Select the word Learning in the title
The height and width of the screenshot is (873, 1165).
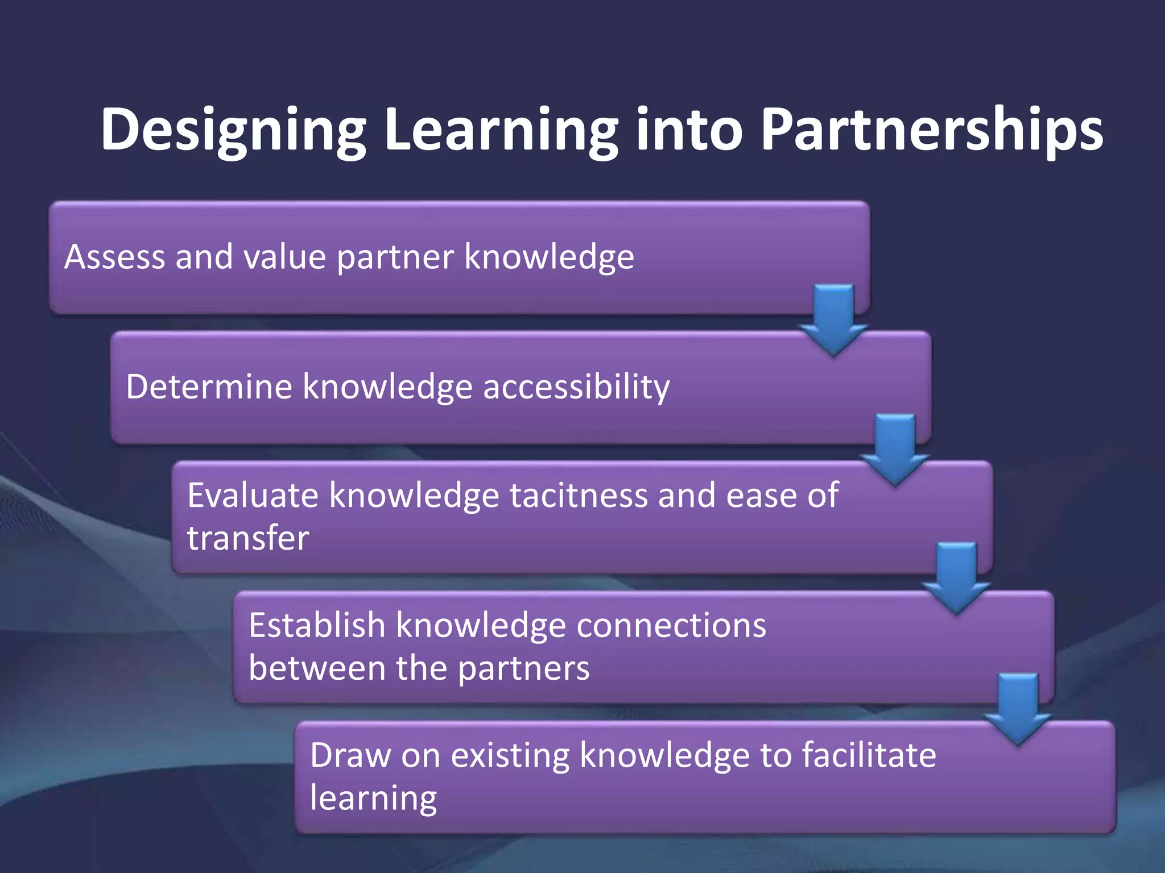click(501, 131)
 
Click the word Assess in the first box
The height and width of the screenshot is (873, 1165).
click(114, 257)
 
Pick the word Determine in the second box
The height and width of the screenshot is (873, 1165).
click(208, 387)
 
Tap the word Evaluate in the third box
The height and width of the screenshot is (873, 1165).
click(253, 496)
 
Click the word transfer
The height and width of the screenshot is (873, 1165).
click(248, 538)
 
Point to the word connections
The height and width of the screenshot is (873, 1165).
click(671, 626)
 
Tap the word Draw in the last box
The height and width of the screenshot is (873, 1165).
click(350, 756)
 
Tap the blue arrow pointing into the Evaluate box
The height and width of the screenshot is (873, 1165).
click(895, 449)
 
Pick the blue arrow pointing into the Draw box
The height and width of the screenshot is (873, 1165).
click(1018, 708)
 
